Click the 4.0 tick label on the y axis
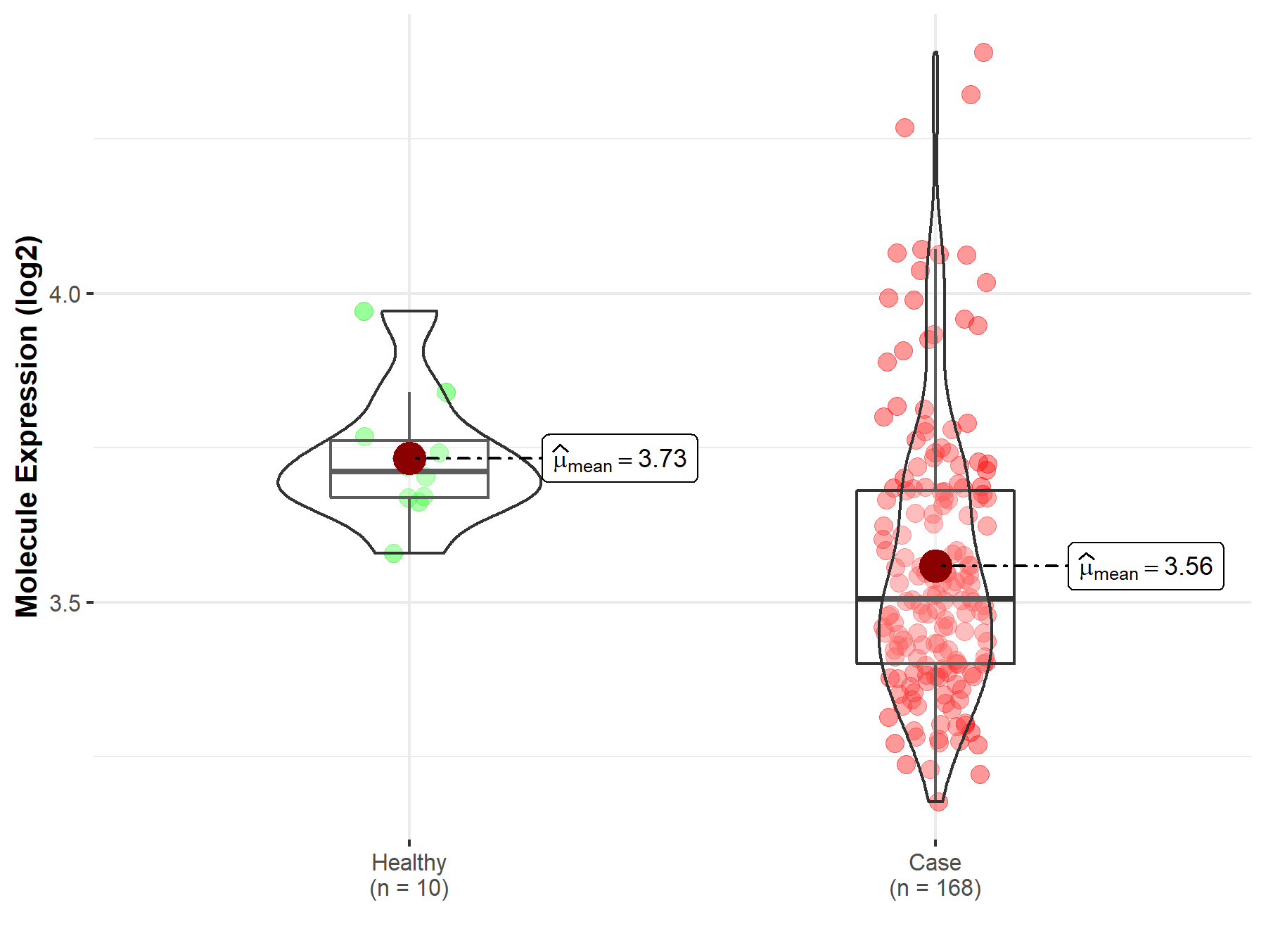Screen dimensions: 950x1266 65,294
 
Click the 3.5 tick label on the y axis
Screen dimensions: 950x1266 65,603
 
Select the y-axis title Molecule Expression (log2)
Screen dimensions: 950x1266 27,426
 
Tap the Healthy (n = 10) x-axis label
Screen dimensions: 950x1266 409,875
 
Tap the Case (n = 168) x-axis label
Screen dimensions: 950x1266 935,875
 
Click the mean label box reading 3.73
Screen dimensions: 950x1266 620,459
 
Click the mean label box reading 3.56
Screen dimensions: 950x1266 1146,566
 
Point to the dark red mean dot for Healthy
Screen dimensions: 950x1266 409,459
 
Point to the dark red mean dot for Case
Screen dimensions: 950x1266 935,566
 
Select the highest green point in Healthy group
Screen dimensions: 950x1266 364,311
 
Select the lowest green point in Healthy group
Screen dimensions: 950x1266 393,553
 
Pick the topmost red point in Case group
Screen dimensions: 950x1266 983,52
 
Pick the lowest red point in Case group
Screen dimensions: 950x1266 938,802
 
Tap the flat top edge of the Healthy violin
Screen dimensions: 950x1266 409,311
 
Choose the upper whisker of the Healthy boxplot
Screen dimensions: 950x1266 409,415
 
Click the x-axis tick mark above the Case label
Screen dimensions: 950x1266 935,842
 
